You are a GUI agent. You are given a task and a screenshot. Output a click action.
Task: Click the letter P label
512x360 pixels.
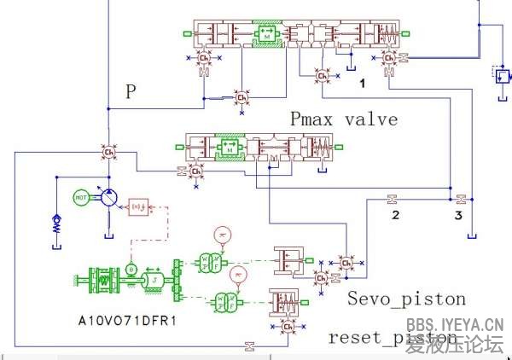(131, 92)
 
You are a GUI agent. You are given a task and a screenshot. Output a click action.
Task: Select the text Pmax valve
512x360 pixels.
(343, 119)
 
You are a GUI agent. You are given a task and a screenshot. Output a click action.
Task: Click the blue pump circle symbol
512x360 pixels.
(108, 198)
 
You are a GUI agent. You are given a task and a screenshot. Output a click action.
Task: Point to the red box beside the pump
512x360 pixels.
(137, 206)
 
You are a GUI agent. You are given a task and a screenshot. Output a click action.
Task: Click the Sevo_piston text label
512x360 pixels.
(406, 299)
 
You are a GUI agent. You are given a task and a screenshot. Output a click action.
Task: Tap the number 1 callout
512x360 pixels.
(362, 84)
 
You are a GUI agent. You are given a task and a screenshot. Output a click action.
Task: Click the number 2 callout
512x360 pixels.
(395, 215)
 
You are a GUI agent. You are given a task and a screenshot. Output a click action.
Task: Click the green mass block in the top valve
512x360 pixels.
(267, 35)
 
